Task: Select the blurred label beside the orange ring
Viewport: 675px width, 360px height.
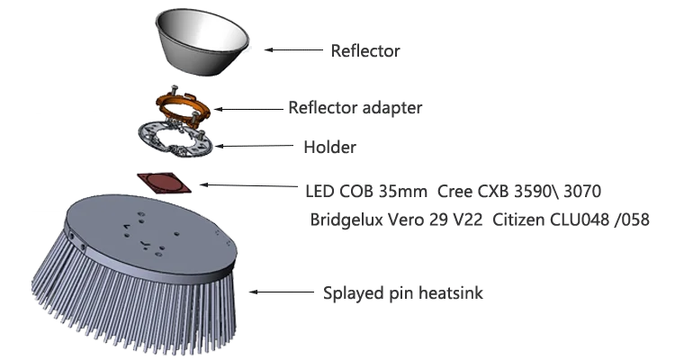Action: coord(355,109)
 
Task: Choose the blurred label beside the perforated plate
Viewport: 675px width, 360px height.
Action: coord(330,147)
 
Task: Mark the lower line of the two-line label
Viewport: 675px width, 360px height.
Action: coord(481,219)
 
